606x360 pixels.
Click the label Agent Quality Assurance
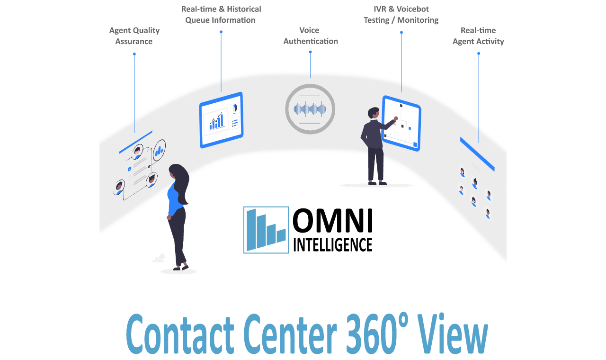point(134,36)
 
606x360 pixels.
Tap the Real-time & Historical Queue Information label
point(221,15)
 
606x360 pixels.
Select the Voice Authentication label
point(311,36)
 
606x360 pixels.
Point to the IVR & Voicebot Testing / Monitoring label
point(401,15)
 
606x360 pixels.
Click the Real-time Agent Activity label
point(478,36)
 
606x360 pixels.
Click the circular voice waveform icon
point(310,109)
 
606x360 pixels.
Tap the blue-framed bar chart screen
point(221,120)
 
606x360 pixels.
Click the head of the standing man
point(374,113)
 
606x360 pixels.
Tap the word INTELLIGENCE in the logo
point(332,244)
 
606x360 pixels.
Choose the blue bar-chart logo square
point(266,230)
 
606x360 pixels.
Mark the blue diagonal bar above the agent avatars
point(477,154)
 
